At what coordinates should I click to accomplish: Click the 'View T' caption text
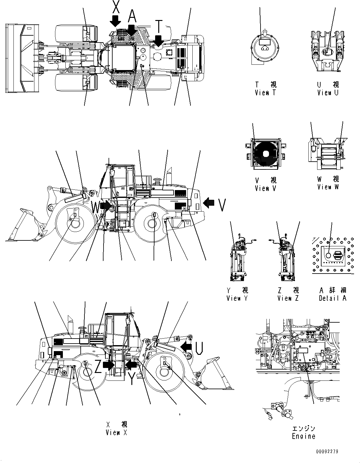pyautogui.click(x=266, y=93)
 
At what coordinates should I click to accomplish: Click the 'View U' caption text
pyautogui.click(x=328, y=93)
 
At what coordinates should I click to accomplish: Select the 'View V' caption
pyautogui.click(x=266, y=188)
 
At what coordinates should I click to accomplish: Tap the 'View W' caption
pyautogui.click(x=328, y=187)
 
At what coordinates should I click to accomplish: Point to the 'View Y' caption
pyautogui.click(x=237, y=298)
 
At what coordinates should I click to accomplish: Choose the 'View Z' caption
pyautogui.click(x=288, y=298)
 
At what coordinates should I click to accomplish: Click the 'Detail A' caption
pyautogui.click(x=332, y=298)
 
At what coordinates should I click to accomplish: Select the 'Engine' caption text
pyautogui.click(x=303, y=436)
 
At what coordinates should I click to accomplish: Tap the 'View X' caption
pyautogui.click(x=116, y=433)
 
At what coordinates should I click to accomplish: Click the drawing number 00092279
pyautogui.click(x=327, y=451)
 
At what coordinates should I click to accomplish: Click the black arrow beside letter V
pyautogui.click(x=209, y=203)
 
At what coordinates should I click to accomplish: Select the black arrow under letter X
pyautogui.click(x=115, y=21)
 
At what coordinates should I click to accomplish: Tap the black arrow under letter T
pyautogui.click(x=158, y=41)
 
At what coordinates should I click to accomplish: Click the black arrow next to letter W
pyautogui.click(x=106, y=206)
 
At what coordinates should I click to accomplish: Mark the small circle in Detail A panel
pyautogui.click(x=328, y=255)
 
